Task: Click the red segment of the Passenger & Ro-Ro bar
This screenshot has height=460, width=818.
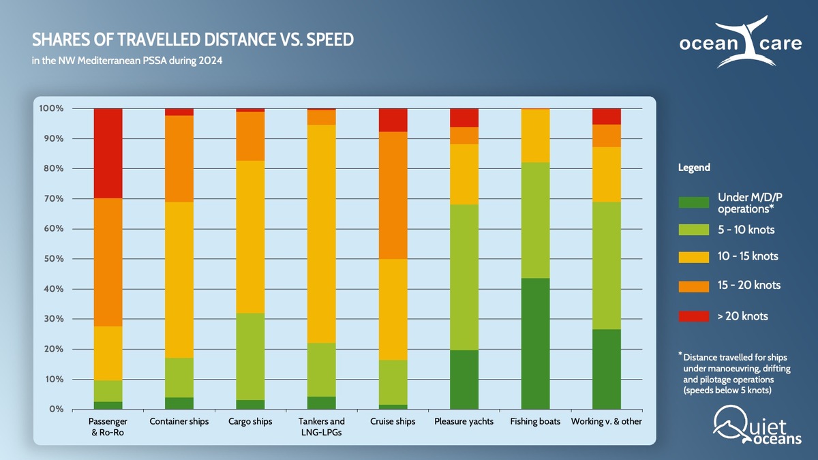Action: (108, 153)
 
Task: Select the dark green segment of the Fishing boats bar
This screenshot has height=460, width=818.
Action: (535, 343)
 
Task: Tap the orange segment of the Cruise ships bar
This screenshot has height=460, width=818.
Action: (393, 195)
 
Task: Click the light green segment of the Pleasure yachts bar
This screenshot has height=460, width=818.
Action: (464, 277)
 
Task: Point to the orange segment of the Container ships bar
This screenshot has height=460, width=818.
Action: (179, 159)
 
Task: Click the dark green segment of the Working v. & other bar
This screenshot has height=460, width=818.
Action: (606, 369)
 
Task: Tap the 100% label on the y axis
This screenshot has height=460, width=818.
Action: (51, 108)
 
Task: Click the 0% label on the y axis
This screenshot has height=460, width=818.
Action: (56, 410)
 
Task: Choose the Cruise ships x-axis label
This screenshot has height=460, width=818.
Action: (393, 422)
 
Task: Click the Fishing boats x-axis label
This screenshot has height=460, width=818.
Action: (535, 422)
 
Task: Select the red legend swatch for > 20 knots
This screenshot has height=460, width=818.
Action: (694, 316)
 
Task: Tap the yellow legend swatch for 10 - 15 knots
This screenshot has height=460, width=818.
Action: (694, 257)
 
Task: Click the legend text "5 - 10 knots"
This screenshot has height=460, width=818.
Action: (746, 230)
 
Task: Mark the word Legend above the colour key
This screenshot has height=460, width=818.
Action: (694, 168)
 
